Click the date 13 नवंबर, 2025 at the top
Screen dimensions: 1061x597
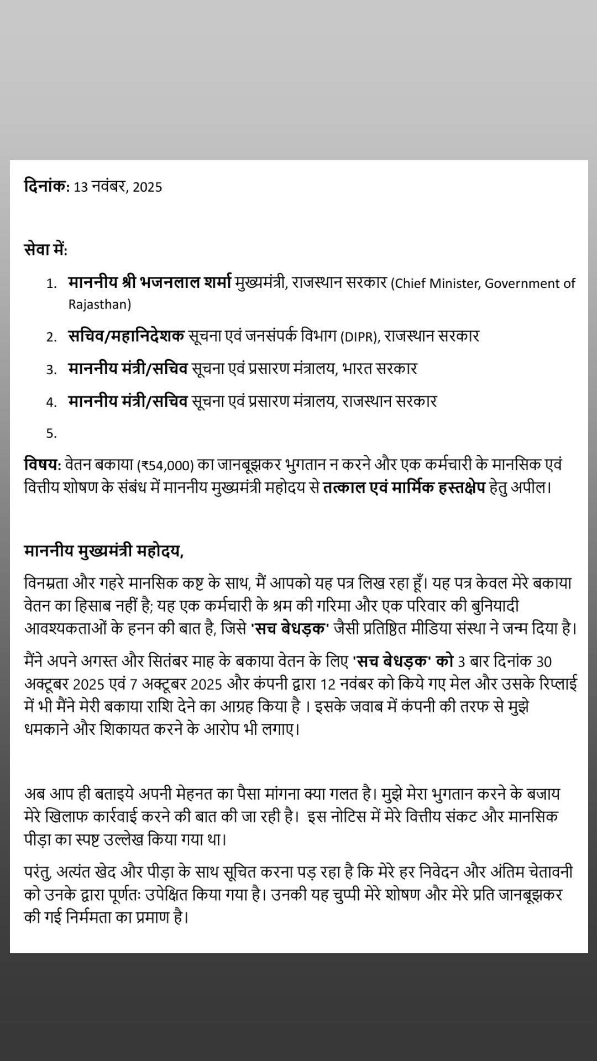(118, 187)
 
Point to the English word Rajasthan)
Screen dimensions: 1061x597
(99, 304)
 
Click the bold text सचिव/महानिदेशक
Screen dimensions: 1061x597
(126, 336)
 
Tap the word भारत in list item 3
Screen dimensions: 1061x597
(357, 369)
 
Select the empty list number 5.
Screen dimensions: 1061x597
(51, 434)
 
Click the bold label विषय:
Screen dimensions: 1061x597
(42, 464)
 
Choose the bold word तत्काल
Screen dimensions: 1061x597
(344, 488)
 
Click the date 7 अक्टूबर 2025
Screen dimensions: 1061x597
(176, 684)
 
